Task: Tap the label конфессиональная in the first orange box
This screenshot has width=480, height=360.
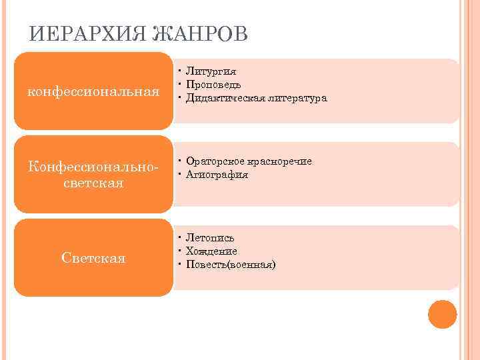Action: point(93,91)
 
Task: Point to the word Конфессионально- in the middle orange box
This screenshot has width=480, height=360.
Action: point(94,166)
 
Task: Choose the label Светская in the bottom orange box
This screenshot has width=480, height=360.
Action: point(94,257)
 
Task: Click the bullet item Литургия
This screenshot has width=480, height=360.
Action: point(211,71)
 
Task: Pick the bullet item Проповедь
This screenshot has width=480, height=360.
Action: point(214,85)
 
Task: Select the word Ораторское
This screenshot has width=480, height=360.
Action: point(216,161)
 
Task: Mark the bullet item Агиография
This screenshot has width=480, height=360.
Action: point(217,175)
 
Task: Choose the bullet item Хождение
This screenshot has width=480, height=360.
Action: point(212,251)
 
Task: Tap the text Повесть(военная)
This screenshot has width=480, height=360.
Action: point(231,265)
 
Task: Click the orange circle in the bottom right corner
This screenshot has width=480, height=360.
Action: point(443,315)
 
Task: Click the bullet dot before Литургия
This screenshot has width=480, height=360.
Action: point(180,71)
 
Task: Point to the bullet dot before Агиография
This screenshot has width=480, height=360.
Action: point(180,175)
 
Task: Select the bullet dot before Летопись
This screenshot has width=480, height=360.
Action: point(180,237)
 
